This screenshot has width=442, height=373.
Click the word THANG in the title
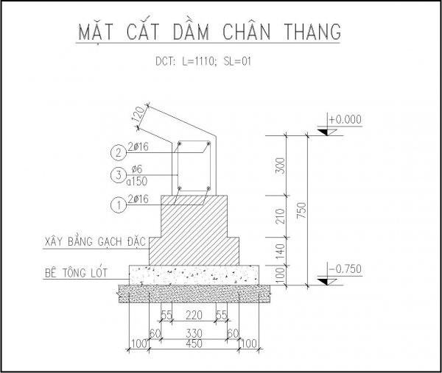click(x=312, y=32)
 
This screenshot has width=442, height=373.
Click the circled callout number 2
click(x=119, y=152)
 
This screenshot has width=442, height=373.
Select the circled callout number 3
click(x=119, y=175)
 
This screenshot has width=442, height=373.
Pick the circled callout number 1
click(x=119, y=205)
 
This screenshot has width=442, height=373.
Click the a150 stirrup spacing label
click(x=137, y=182)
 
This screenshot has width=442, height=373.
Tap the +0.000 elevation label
click(x=345, y=119)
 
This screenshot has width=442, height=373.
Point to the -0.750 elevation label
click(x=345, y=269)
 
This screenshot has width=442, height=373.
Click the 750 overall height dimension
click(x=301, y=210)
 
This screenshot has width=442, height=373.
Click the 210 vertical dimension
click(x=280, y=216)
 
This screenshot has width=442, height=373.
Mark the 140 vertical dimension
click(x=280, y=252)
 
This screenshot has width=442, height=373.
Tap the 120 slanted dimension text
click(x=138, y=114)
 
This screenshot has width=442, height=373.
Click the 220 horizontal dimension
click(x=194, y=315)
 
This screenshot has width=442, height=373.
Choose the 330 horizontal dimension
click(x=194, y=333)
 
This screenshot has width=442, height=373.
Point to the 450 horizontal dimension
click(x=194, y=344)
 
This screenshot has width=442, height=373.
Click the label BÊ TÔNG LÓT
click(x=76, y=272)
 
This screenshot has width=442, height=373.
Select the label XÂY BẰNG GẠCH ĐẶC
click(x=95, y=241)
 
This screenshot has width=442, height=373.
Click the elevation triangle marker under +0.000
click(x=327, y=132)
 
